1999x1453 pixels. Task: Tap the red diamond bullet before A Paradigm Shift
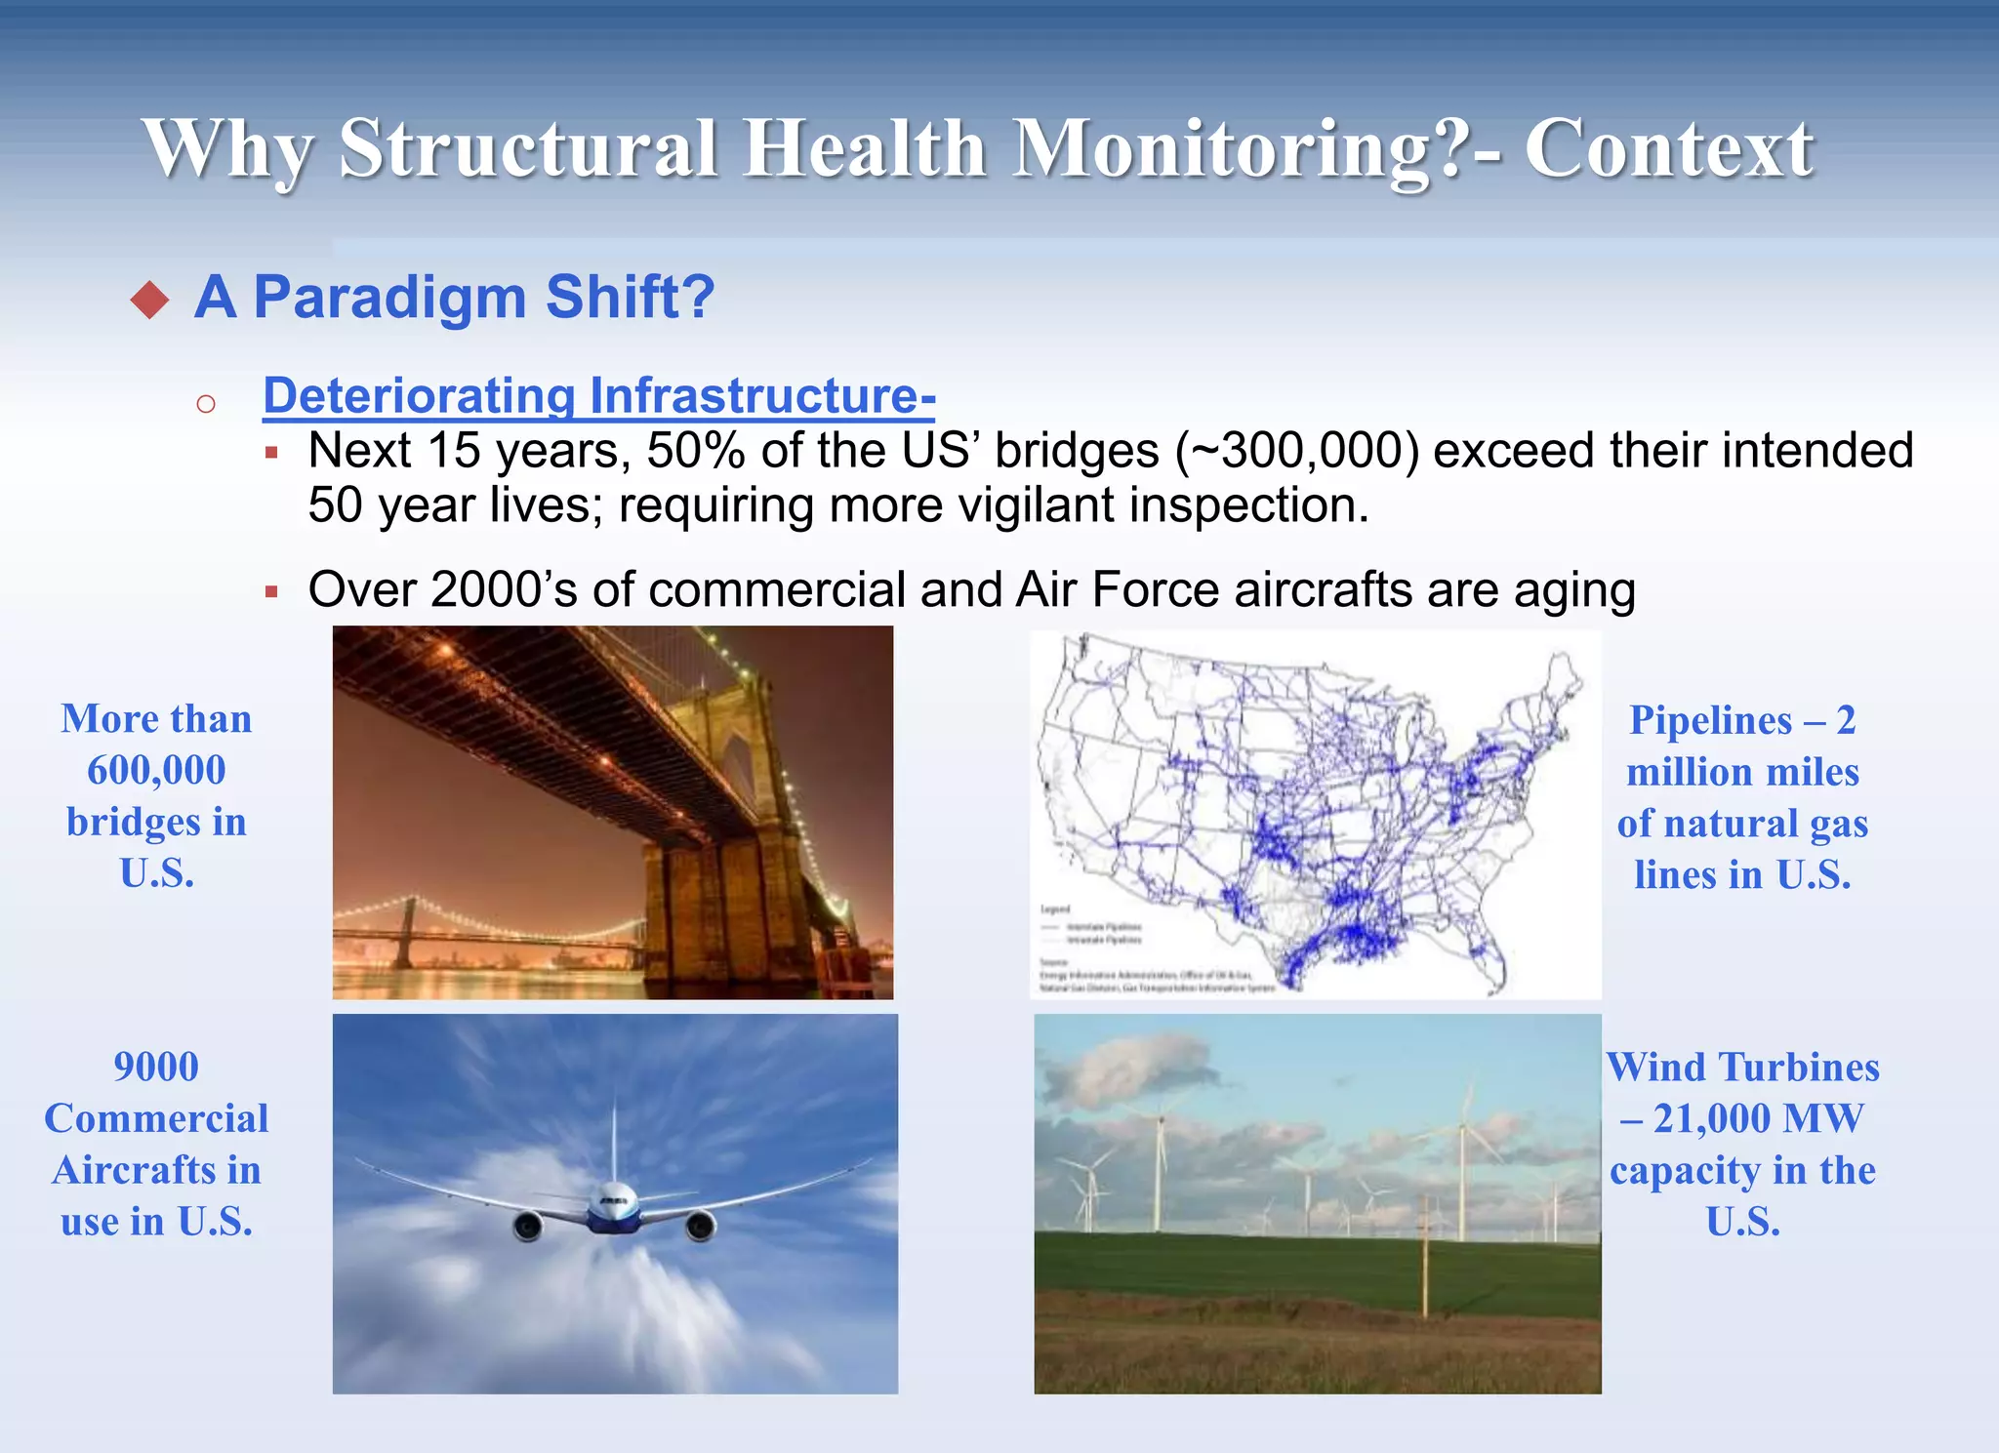click(x=149, y=300)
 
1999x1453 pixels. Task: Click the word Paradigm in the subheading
click(x=388, y=297)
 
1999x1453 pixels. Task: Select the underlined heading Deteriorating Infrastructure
click(x=598, y=395)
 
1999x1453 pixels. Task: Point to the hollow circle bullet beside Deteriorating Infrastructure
click(x=205, y=404)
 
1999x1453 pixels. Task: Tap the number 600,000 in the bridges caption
click(x=156, y=770)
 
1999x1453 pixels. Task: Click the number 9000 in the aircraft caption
click(x=156, y=1067)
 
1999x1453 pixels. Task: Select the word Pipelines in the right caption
click(x=1710, y=720)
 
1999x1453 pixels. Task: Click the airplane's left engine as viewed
click(x=528, y=1226)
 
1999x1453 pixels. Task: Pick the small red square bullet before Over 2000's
click(x=271, y=591)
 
